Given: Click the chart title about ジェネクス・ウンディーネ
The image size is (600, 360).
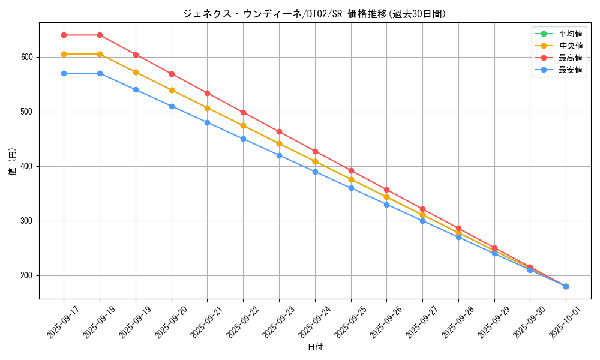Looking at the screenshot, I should click(314, 14).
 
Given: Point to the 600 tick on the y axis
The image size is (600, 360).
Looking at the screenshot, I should click(28, 57).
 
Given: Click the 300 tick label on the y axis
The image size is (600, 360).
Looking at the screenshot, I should click(28, 221).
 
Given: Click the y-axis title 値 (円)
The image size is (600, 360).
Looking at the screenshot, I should click(13, 161).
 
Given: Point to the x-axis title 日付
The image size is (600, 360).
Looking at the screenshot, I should click(315, 347).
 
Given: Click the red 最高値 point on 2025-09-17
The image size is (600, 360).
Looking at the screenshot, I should click(64, 35).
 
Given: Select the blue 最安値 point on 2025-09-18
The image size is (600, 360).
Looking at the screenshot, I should click(100, 73).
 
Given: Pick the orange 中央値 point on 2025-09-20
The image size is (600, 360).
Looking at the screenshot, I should click(172, 90).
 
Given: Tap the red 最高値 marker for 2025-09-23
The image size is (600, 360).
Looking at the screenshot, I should click(279, 131).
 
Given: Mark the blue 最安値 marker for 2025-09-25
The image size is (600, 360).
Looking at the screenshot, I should click(351, 188).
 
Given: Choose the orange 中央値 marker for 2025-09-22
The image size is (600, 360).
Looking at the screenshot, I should click(243, 125).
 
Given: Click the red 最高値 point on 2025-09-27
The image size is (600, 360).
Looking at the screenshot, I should click(422, 209).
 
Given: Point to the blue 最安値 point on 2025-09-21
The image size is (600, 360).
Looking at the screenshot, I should click(207, 122).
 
